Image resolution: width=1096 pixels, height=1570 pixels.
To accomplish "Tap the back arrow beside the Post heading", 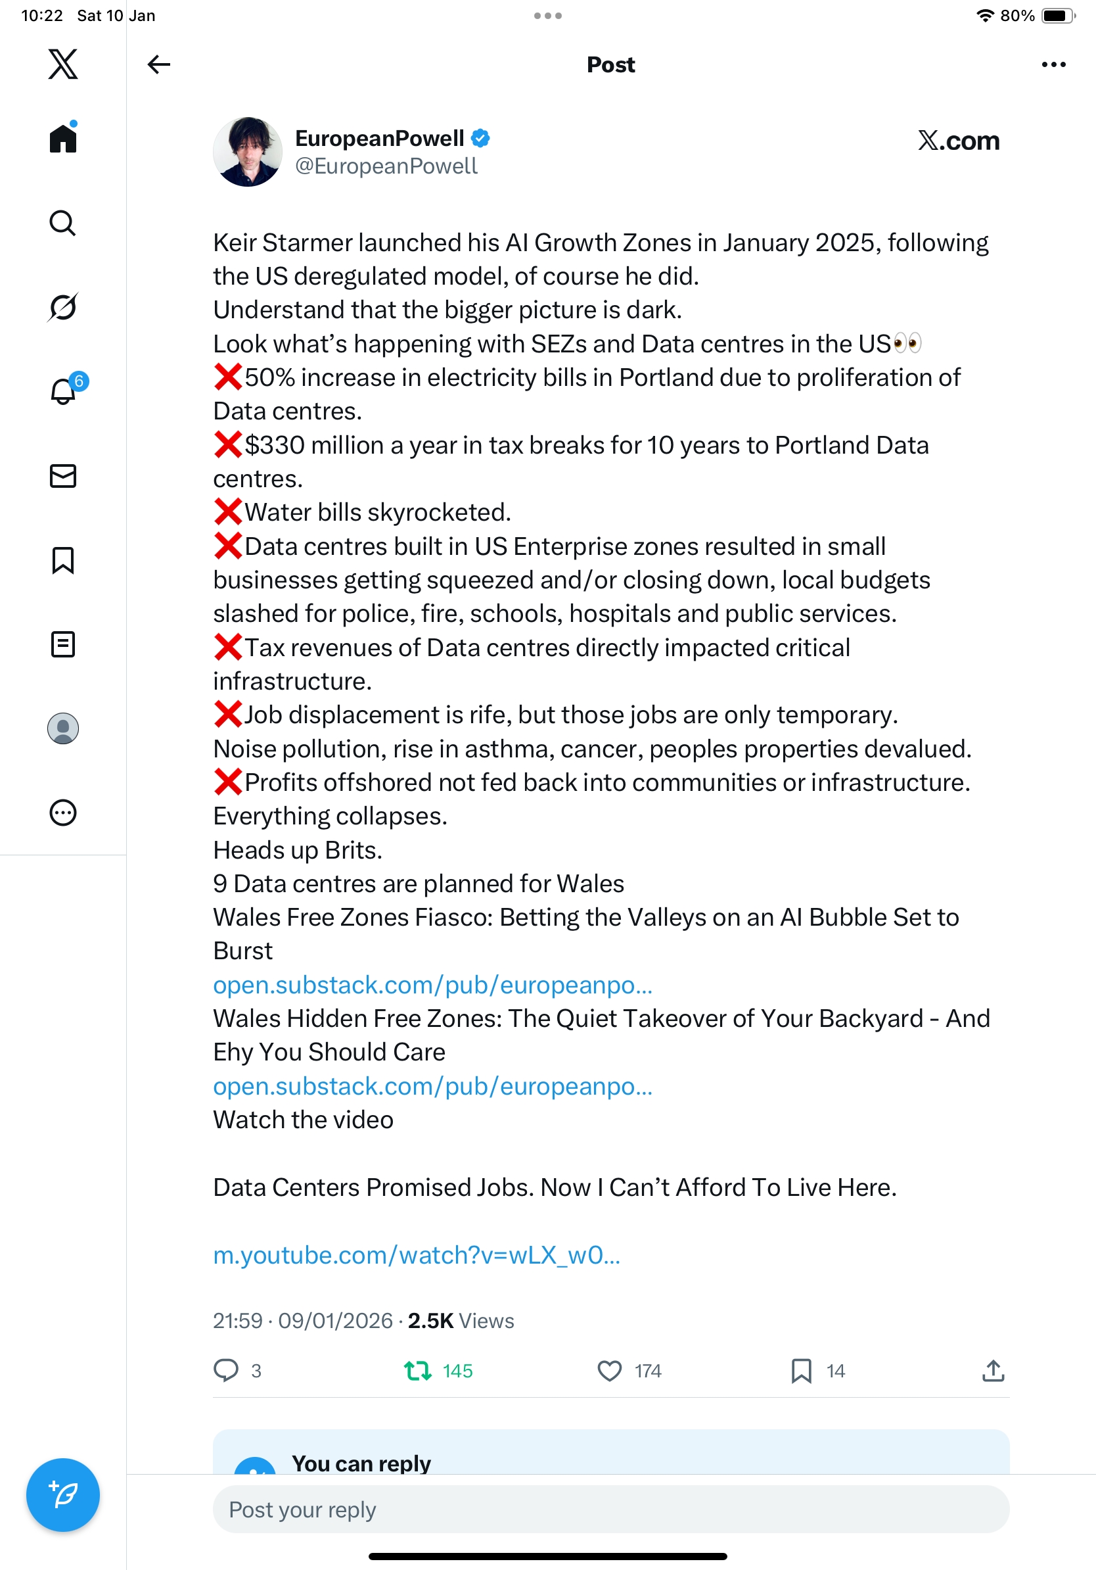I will [x=158, y=64].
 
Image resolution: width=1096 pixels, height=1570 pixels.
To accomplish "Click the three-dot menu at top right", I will [x=1053, y=64].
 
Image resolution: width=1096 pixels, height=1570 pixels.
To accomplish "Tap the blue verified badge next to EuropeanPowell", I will [x=480, y=138].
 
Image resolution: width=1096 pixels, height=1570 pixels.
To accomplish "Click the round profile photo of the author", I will [x=247, y=152].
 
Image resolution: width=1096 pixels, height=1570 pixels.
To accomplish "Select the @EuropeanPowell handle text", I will [x=386, y=166].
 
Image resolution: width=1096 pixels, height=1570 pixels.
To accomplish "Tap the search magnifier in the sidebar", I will [x=63, y=223].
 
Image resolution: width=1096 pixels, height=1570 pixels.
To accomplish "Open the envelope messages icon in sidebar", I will [x=63, y=476].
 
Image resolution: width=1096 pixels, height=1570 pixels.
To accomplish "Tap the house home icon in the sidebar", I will [x=63, y=138].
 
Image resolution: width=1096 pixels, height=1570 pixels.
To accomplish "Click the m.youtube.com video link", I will [x=416, y=1255].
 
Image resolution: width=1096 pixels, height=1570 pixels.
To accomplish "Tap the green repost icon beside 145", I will [x=417, y=1370].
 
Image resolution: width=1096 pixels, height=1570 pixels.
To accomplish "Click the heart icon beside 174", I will [x=610, y=1370].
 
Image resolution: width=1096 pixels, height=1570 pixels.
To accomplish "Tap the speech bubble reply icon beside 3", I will [x=226, y=1370].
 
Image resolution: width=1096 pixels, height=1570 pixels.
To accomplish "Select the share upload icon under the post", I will [x=993, y=1370].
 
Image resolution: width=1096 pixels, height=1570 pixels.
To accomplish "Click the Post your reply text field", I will [x=610, y=1509].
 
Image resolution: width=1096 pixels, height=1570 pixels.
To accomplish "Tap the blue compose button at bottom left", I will [x=63, y=1495].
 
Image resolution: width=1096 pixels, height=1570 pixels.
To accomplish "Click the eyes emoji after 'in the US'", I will [x=907, y=343].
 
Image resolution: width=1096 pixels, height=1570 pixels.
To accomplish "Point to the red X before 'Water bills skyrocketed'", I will [x=227, y=511].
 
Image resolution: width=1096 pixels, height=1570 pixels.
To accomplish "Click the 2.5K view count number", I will [x=430, y=1320].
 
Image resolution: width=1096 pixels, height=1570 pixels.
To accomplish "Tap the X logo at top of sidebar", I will [x=63, y=64].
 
